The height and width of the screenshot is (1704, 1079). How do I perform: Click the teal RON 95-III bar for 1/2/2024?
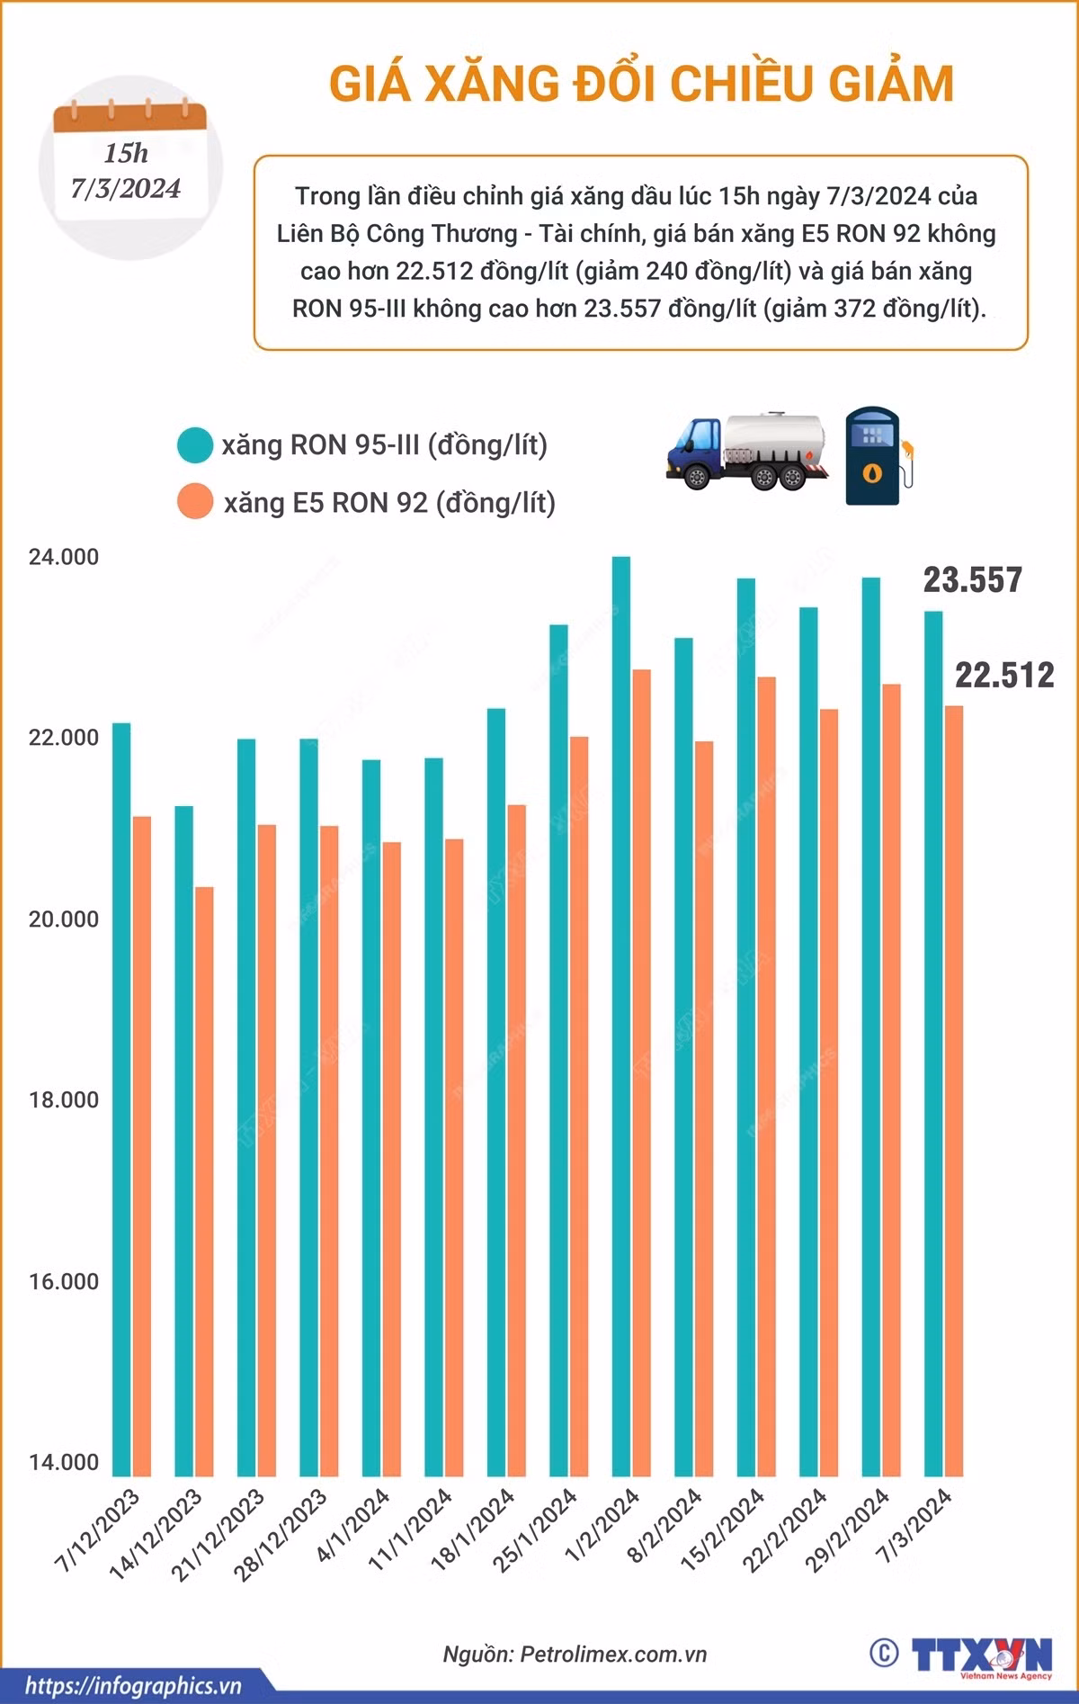pyautogui.click(x=620, y=1016)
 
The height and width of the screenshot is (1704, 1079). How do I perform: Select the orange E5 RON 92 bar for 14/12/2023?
pyautogui.click(x=205, y=1181)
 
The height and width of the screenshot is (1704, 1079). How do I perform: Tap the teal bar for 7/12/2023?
pyautogui.click(x=121, y=1099)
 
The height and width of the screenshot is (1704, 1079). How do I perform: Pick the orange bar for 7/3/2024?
pyautogui.click(x=953, y=1090)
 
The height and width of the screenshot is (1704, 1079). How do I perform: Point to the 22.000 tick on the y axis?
pyautogui.click(x=64, y=738)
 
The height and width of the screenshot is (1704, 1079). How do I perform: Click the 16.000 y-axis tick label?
pyautogui.click(x=64, y=1281)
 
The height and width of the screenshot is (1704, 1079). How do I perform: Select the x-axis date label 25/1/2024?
pyautogui.click(x=536, y=1529)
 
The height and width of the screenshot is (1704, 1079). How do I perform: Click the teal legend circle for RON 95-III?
pyautogui.click(x=195, y=445)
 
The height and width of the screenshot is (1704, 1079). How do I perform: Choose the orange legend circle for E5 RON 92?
pyautogui.click(x=195, y=502)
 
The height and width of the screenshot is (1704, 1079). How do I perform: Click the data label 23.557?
pyautogui.click(x=973, y=580)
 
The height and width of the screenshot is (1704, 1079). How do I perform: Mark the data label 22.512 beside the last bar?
pyautogui.click(x=1004, y=675)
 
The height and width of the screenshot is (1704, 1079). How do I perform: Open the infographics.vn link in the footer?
pyautogui.click(x=133, y=1685)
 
